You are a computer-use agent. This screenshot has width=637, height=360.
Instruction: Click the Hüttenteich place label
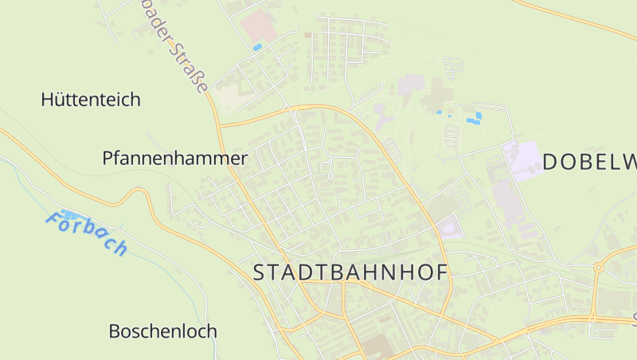coord(91,100)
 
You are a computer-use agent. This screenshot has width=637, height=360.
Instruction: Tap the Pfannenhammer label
coord(174,158)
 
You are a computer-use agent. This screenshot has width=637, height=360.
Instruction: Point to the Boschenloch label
coord(162,331)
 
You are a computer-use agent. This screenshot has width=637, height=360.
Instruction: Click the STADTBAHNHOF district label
coord(350,272)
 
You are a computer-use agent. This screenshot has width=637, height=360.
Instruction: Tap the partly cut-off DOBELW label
coord(589,162)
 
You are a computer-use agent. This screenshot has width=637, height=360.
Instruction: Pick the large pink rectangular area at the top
coord(260,25)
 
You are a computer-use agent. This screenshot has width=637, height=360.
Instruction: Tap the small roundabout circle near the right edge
coord(597,268)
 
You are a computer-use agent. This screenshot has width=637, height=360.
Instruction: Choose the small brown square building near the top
coord(307,35)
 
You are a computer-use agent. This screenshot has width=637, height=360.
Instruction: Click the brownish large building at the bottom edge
coord(378,347)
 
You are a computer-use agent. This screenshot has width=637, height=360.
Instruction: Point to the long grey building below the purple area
coord(507,203)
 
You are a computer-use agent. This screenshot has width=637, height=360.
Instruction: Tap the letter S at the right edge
coord(635,321)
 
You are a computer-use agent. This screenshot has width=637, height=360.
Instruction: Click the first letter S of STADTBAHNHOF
coord(260,272)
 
